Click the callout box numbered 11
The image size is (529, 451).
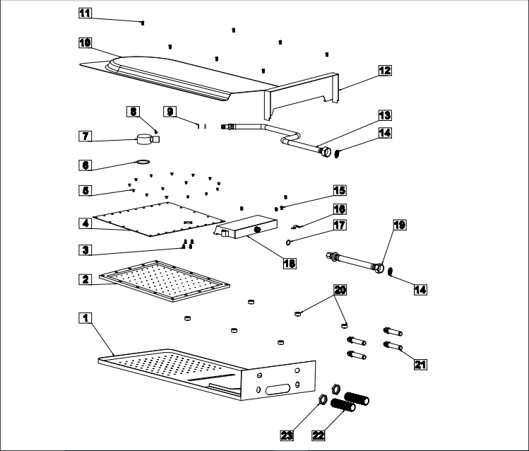[x=85, y=13]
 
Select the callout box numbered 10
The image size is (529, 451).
[x=85, y=42]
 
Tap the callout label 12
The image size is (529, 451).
[x=384, y=70]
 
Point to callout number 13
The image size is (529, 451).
[x=384, y=115]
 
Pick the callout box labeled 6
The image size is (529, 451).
[x=85, y=165]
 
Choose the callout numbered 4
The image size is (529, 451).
[x=85, y=223]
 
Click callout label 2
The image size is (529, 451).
[x=85, y=279]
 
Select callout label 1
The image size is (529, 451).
[x=85, y=317]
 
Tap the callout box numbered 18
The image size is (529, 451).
[x=287, y=263]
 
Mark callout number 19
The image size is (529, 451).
[x=400, y=225]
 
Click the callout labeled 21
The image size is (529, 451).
[x=421, y=364]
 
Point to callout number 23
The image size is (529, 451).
[x=287, y=435]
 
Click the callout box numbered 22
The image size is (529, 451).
[x=319, y=435]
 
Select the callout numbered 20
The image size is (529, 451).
[x=340, y=290]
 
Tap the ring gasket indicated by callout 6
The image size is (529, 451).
[x=144, y=161]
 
